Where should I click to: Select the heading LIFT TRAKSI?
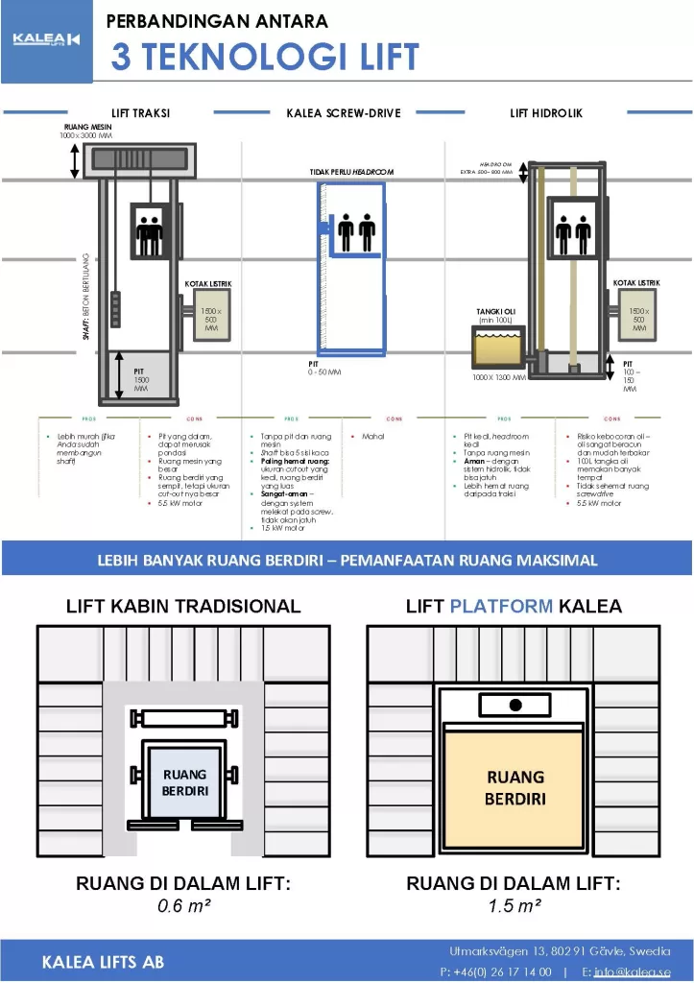[x=141, y=113]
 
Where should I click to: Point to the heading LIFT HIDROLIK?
[x=545, y=113]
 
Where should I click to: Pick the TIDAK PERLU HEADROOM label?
[x=351, y=172]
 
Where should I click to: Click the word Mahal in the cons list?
[x=373, y=437]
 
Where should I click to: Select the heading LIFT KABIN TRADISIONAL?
[x=183, y=606]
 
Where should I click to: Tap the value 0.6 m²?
[x=183, y=905]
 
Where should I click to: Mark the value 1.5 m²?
[x=514, y=905]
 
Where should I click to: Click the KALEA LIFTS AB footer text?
[x=103, y=962]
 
